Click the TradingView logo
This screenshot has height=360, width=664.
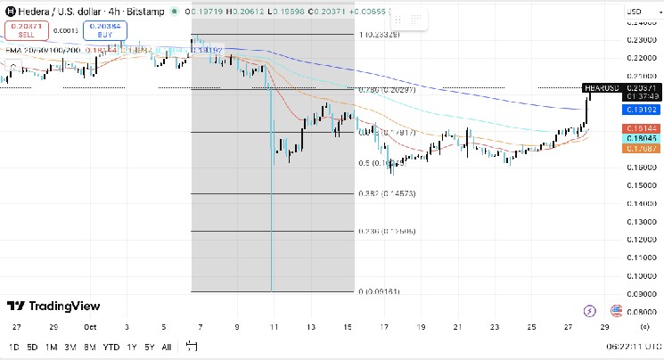tap(53, 307)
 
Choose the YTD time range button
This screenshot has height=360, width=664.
tap(111, 346)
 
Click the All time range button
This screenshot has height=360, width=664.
tap(167, 346)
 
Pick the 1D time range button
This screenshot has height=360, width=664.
tap(13, 346)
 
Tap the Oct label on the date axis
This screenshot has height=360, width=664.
tap(90, 327)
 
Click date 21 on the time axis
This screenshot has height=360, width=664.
tap(457, 327)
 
